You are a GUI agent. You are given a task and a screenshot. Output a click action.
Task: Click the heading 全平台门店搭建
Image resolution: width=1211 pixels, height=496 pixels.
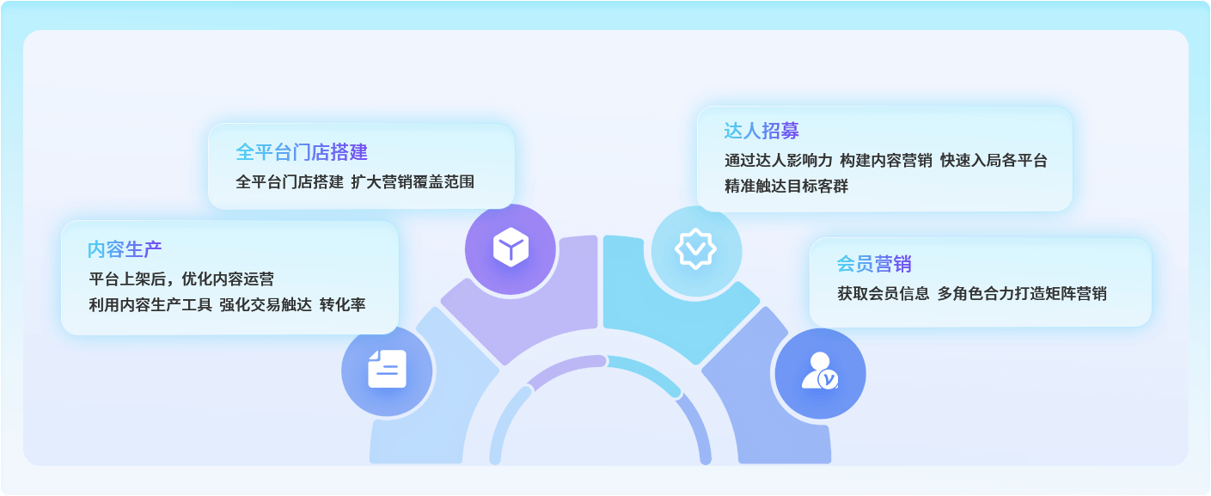click(x=302, y=152)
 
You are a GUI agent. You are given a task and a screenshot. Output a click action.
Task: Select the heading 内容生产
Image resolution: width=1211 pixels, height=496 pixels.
click(x=125, y=249)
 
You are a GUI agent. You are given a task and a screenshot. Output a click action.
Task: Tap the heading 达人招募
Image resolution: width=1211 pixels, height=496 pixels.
click(x=761, y=131)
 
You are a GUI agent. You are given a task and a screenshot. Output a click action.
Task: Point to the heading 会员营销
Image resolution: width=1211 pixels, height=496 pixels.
click(x=873, y=264)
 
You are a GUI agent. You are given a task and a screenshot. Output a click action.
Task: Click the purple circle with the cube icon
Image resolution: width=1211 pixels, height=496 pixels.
click(x=511, y=249)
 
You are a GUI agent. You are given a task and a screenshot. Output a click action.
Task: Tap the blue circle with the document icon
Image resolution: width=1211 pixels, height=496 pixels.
click(x=387, y=371)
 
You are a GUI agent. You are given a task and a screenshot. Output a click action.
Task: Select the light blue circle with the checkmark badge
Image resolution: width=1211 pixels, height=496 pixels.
click(x=696, y=251)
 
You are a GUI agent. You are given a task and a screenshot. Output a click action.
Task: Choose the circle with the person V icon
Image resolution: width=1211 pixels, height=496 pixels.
click(x=820, y=373)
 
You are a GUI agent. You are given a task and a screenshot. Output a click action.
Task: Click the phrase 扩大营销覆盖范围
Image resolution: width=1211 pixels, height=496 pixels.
click(x=413, y=181)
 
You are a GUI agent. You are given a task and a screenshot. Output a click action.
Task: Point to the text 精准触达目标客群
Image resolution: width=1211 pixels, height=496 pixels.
click(x=786, y=186)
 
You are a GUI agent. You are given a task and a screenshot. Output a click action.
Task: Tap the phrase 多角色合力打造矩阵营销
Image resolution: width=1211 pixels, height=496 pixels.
click(x=1022, y=294)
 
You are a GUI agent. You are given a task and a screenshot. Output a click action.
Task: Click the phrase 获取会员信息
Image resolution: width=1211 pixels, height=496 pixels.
click(x=883, y=294)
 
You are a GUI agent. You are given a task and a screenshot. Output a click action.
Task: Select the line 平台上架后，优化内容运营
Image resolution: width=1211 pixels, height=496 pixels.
click(x=181, y=279)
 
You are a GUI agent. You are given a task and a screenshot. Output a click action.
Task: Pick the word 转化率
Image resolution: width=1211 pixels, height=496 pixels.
click(x=342, y=304)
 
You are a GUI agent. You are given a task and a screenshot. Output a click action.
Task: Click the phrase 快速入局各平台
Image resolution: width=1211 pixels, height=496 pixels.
click(x=994, y=160)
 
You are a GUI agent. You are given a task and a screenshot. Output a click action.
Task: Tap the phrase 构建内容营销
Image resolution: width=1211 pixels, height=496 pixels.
click(x=885, y=160)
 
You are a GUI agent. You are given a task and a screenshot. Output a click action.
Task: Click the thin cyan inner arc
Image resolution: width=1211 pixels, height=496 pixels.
click(x=646, y=370)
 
